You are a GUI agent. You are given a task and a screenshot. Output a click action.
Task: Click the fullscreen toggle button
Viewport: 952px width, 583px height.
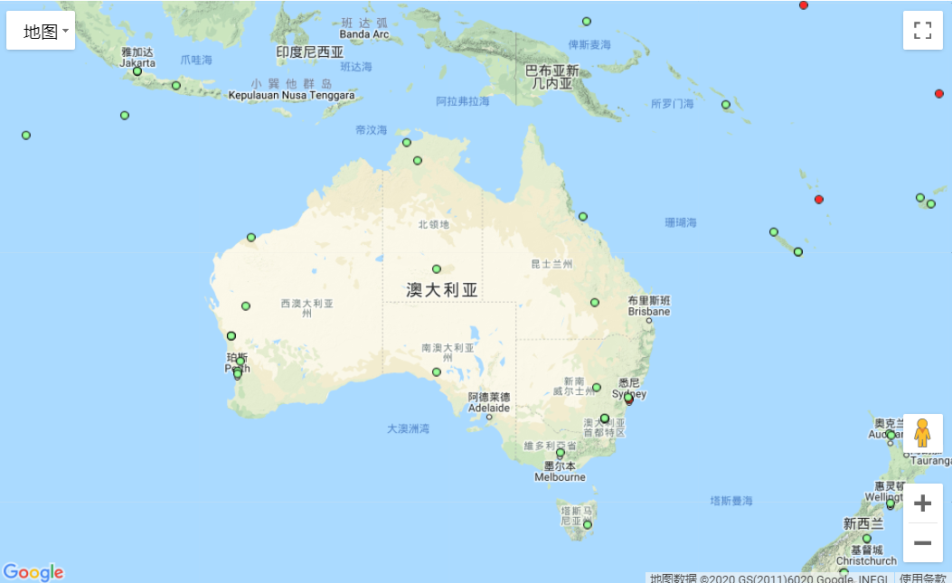coord(922,31)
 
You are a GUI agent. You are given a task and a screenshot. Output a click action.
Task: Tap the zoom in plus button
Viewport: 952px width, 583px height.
coord(922,503)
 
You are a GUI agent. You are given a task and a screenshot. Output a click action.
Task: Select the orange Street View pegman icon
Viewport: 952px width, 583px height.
coord(922,434)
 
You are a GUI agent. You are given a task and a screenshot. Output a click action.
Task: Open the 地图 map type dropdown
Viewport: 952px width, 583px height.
coord(41,32)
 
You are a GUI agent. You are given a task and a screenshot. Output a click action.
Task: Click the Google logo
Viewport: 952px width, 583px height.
coord(33,572)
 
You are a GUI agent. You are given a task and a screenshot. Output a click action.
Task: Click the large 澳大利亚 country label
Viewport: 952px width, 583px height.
coord(442,290)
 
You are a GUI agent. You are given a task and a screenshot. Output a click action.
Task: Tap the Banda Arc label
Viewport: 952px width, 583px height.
coord(364,34)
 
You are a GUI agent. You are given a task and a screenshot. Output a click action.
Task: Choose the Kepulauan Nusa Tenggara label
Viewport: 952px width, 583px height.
coord(292,95)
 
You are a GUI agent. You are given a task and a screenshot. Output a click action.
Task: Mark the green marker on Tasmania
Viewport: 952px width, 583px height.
coord(588,524)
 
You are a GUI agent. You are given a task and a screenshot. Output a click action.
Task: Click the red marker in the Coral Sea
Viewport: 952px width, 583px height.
coord(819,199)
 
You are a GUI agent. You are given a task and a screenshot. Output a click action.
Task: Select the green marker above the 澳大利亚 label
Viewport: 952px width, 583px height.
coord(437,268)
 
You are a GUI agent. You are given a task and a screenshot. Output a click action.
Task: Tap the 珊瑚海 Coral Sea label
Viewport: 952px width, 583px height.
coord(681,222)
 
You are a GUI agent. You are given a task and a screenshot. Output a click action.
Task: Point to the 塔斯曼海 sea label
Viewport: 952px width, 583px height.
coord(730,501)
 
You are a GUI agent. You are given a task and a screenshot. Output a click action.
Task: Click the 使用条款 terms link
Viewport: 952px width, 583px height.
coord(923,578)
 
